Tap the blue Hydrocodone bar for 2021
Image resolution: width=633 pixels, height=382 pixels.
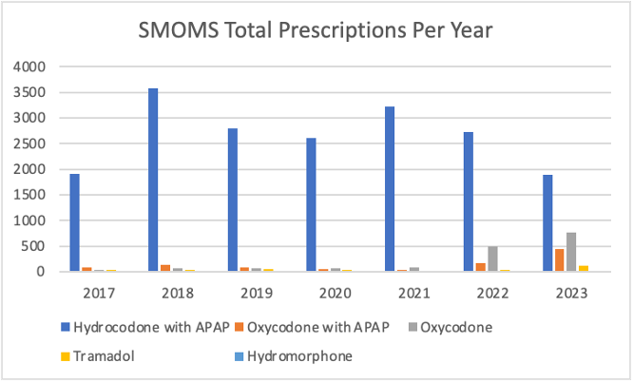point(390,189)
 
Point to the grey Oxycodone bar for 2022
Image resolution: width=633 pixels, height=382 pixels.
point(492,258)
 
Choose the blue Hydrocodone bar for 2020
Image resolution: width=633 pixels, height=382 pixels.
point(311,204)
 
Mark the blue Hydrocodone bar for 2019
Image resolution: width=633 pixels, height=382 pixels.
point(232,200)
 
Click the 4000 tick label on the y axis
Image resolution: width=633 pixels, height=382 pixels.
point(29,67)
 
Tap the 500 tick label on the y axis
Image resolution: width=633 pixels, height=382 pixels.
point(32,246)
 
